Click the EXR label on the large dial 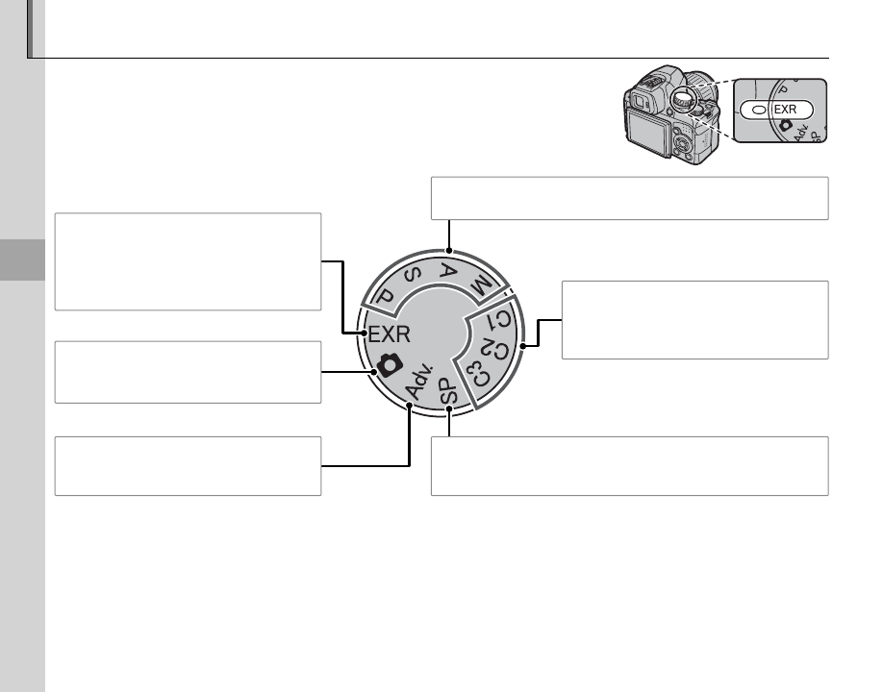pyautogui.click(x=390, y=334)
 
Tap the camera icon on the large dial pyautogui.click(x=390, y=364)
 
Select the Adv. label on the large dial pyautogui.click(x=419, y=381)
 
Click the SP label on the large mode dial pyautogui.click(x=447, y=391)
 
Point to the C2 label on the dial pyautogui.click(x=497, y=350)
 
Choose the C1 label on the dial pyautogui.click(x=500, y=319)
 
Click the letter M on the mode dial pyautogui.click(x=480, y=286)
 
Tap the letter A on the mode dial pyautogui.click(x=447, y=271)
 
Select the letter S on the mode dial pyautogui.click(x=413, y=276)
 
